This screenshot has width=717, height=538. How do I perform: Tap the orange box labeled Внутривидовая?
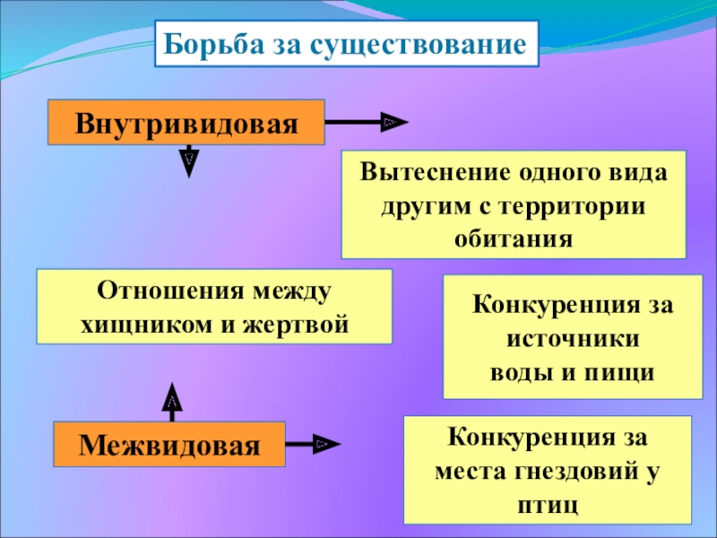186,121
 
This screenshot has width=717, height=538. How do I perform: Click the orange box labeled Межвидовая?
169,443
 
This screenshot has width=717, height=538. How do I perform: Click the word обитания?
514,239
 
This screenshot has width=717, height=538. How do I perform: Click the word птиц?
549,504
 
